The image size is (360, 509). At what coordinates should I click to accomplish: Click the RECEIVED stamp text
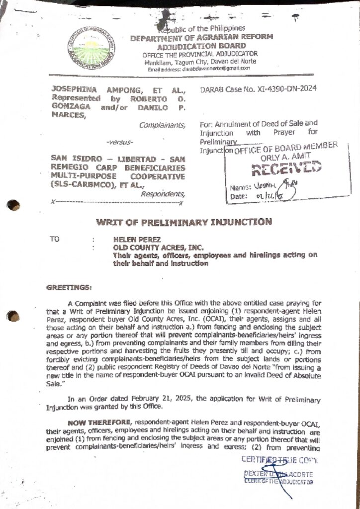[285, 170]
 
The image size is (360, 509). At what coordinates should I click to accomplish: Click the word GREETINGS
[69, 288]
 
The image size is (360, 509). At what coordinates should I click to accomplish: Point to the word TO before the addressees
[54, 239]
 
